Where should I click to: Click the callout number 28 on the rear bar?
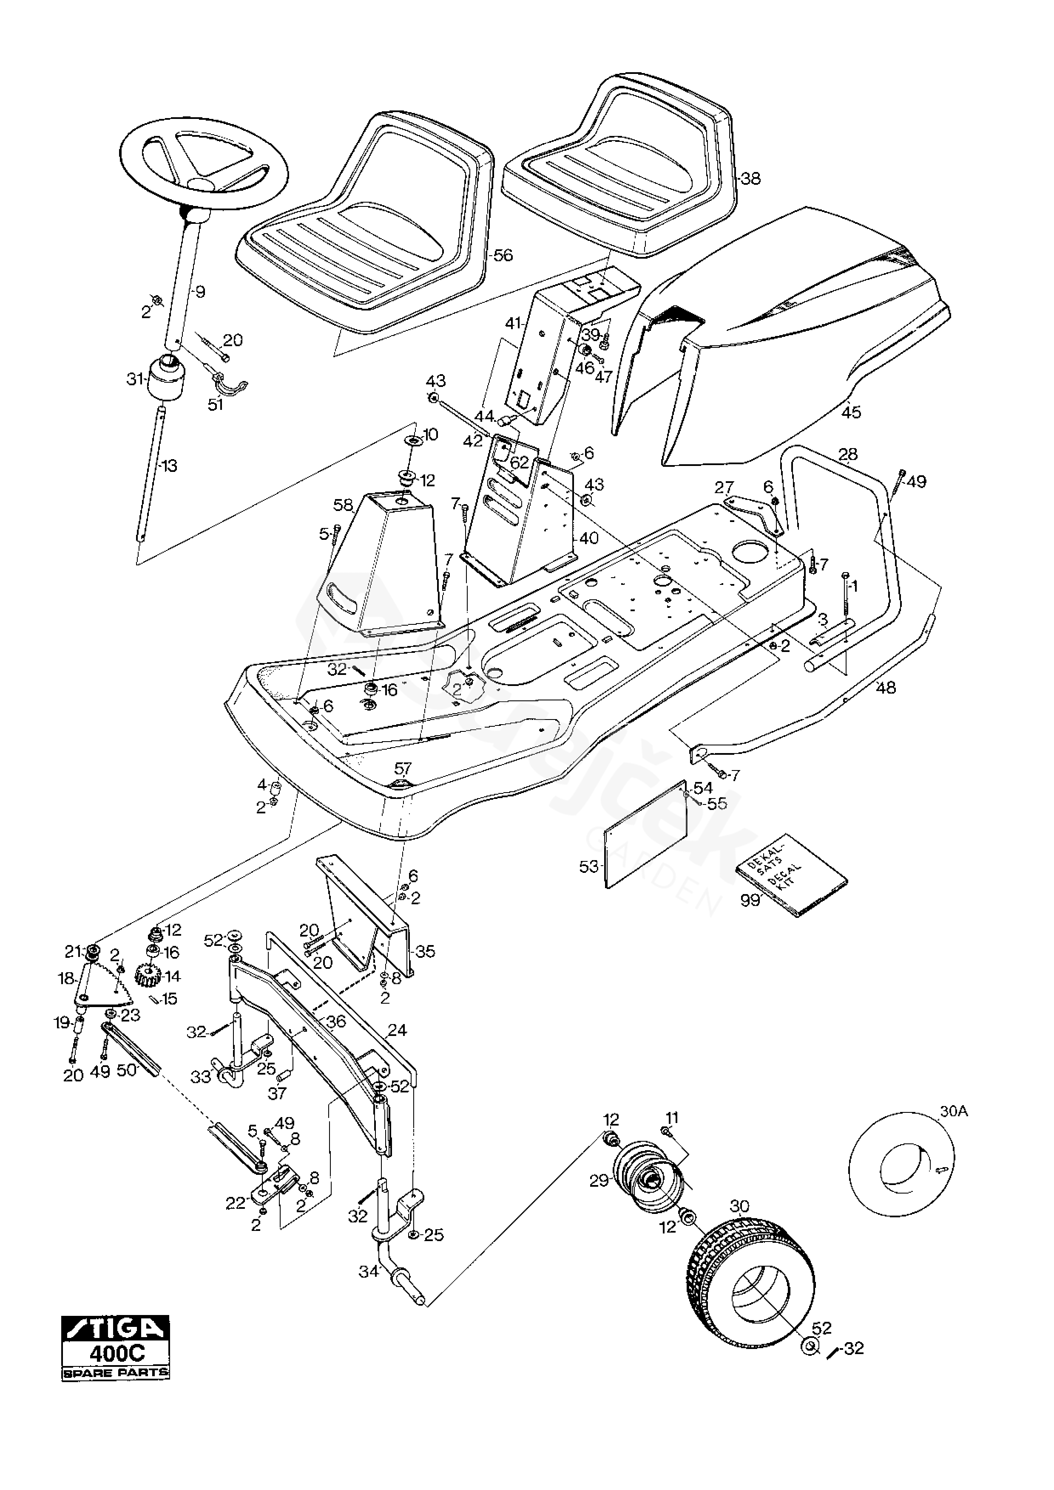(x=848, y=454)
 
